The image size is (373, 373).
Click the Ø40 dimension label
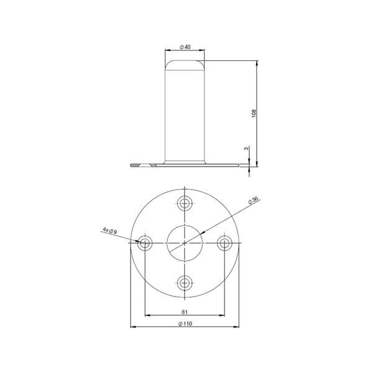click(185, 47)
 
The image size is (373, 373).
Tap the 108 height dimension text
click(254, 114)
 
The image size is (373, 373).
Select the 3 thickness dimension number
click(246, 149)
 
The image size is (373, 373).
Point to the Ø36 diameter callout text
click(253, 200)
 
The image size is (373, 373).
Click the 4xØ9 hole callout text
click(109, 231)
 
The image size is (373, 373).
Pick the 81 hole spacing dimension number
click(185, 312)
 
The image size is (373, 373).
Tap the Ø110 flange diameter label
click(185, 323)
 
